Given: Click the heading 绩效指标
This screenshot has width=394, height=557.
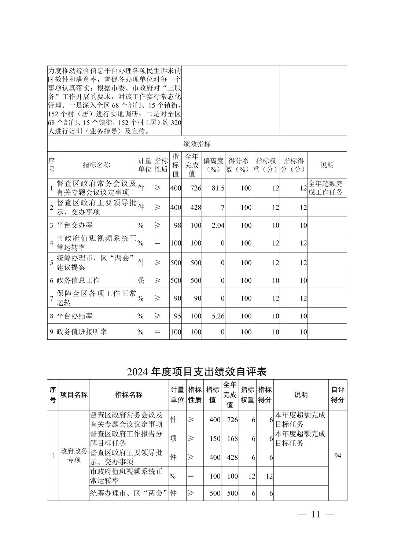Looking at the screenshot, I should pyautogui.click(x=197, y=144).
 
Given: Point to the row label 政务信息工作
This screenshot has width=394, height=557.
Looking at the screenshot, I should pyautogui.click(x=78, y=280).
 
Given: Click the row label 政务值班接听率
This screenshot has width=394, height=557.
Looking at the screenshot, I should pyautogui.click(x=82, y=332).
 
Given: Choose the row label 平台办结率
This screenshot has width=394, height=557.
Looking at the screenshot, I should pyautogui.click(x=74, y=316).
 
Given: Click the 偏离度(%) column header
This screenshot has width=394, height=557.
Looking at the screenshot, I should pyautogui.click(x=213, y=165).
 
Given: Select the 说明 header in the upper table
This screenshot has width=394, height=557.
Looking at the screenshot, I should pyautogui.click(x=327, y=165).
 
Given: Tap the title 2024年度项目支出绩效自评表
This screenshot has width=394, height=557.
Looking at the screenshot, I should pyautogui.click(x=197, y=372).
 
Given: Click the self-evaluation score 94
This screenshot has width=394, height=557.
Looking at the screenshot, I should pyautogui.click(x=338, y=455).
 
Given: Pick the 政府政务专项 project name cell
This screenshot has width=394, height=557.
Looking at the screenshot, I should pyautogui.click(x=74, y=455).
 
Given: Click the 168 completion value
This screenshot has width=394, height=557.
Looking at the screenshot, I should pyautogui.click(x=232, y=439).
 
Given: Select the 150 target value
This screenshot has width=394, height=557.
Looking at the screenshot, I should pyautogui.click(x=215, y=439).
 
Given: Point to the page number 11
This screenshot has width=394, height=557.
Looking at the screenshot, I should pyautogui.click(x=316, y=514).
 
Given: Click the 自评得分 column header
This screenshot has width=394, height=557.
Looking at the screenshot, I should pyautogui.click(x=338, y=395).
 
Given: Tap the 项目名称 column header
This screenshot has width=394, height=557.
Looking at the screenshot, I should pyautogui.click(x=74, y=395).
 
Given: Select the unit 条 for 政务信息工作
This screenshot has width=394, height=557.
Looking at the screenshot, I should pyautogui.click(x=141, y=280).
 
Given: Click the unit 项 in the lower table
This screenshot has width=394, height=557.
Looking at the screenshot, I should pyautogui.click(x=173, y=439).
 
